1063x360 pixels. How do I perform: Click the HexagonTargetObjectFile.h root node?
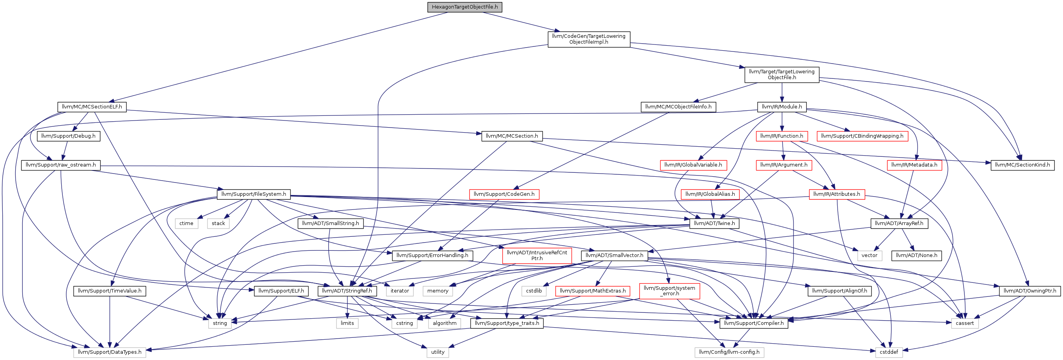[x=465, y=7]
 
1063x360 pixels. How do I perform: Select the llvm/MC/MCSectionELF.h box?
[x=92, y=107]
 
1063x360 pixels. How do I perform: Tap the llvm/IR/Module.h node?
[x=782, y=107]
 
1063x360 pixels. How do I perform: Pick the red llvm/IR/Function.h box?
[x=782, y=136]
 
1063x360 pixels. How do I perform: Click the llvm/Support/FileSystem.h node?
[x=254, y=194]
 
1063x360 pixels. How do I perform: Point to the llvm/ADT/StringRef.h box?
[x=347, y=291]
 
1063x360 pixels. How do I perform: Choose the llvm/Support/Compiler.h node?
[x=754, y=323]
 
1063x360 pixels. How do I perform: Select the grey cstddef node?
[x=889, y=352]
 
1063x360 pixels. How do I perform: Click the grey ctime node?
[x=186, y=223]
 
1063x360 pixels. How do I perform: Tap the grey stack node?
[x=218, y=223]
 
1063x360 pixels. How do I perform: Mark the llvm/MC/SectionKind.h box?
[x=1022, y=165]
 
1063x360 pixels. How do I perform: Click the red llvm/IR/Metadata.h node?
[x=914, y=165]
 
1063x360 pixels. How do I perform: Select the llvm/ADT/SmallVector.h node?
[x=615, y=255]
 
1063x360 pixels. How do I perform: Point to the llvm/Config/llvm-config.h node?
[x=729, y=352]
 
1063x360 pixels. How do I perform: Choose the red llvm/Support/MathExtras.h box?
[x=593, y=291]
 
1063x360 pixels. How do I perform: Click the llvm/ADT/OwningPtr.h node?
[x=1030, y=291]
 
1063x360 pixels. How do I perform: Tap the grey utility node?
[x=438, y=352]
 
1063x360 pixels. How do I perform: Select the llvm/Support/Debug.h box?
[x=69, y=136]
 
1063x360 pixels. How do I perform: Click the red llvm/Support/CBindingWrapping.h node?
[x=863, y=136]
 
